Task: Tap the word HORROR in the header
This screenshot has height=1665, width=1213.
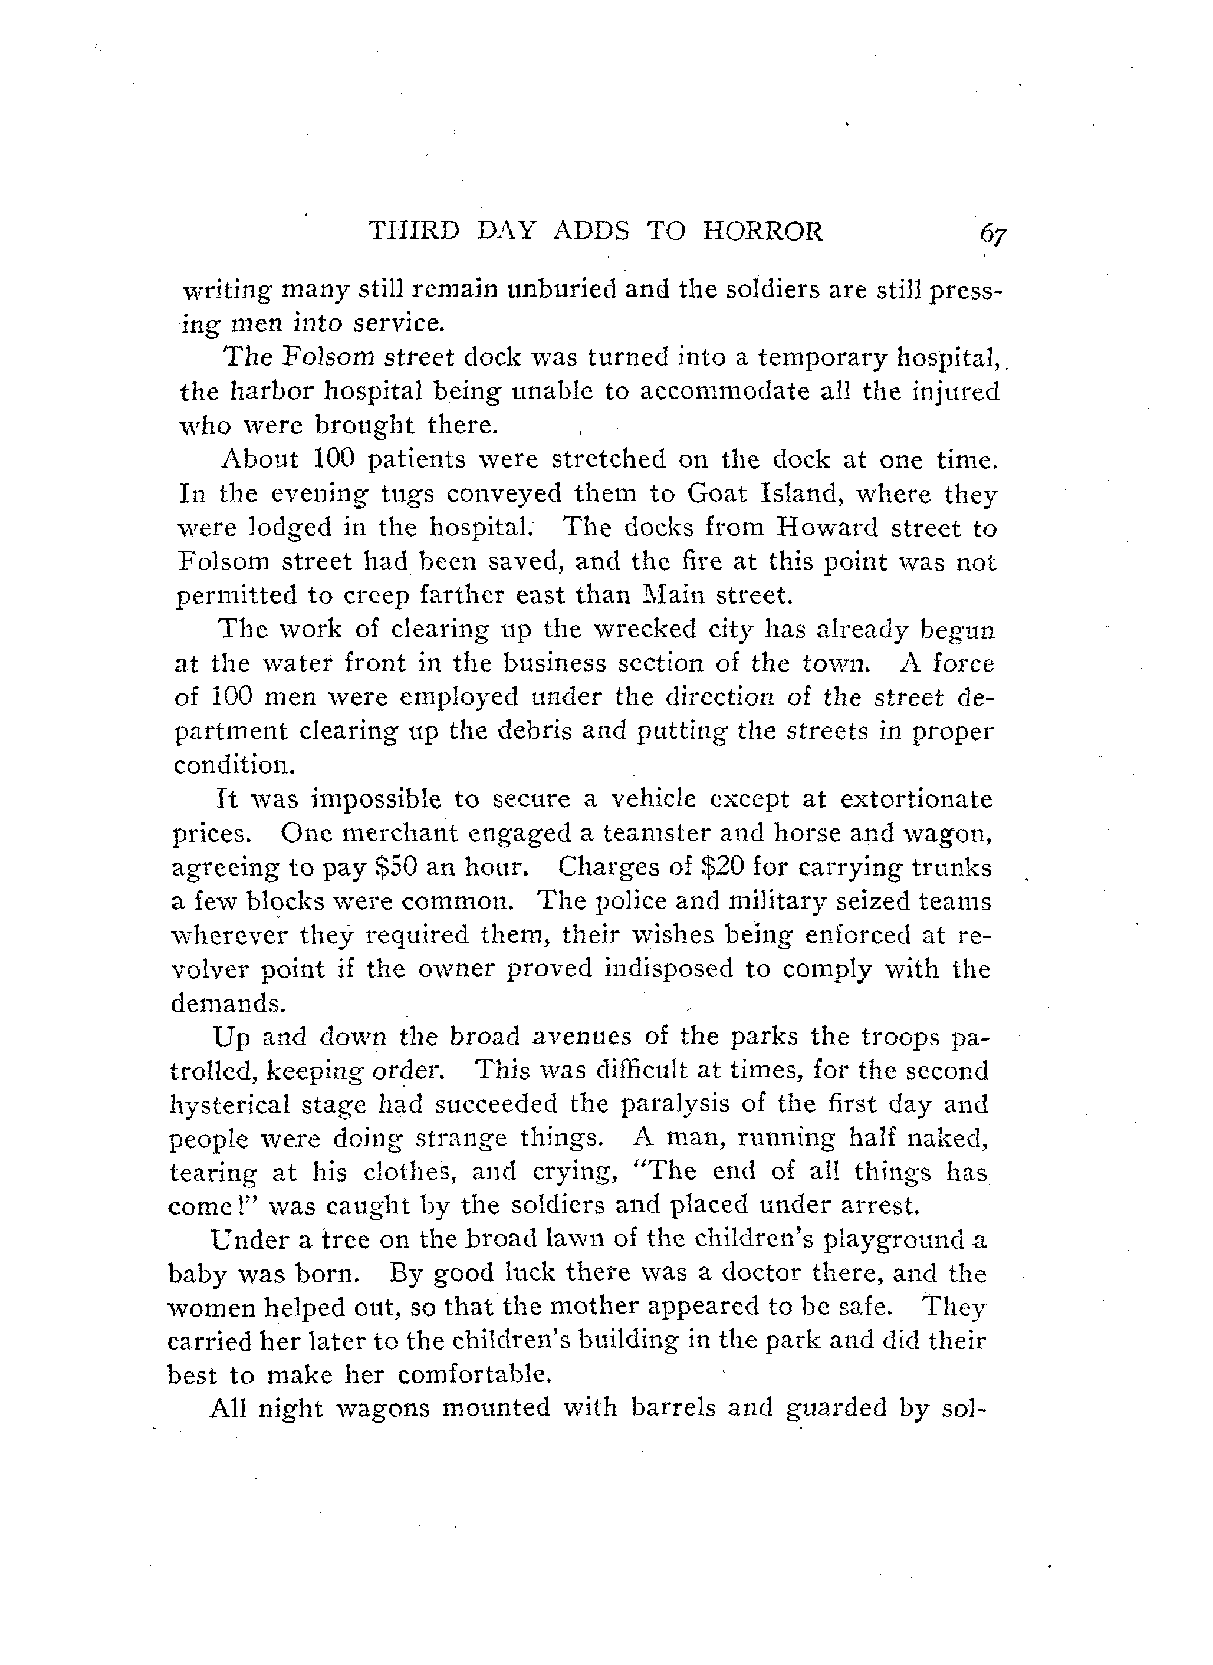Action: pyautogui.click(x=763, y=231)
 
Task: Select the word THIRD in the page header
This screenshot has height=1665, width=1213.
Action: pyautogui.click(x=413, y=231)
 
